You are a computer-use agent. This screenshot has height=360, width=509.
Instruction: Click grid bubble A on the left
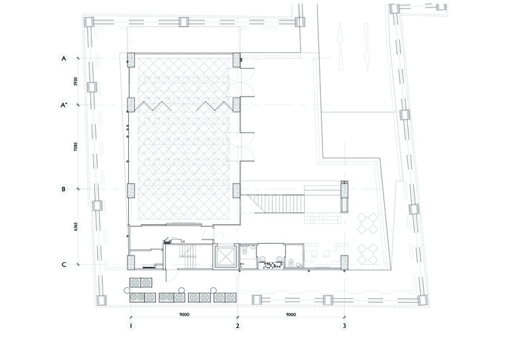point(64,58)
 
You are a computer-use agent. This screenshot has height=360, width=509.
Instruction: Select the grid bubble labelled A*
point(64,105)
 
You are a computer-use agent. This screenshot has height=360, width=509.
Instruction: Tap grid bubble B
point(64,189)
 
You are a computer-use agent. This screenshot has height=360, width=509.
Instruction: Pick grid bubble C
point(64,264)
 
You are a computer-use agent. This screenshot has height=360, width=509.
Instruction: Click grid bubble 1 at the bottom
point(131,325)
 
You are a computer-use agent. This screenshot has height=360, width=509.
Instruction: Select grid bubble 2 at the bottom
point(238,325)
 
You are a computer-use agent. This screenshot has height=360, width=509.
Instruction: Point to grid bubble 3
point(344,325)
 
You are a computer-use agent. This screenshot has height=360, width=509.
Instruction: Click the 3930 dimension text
point(75,82)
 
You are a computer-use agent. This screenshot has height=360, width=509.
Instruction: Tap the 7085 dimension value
point(75,147)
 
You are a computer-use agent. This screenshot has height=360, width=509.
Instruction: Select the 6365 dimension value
point(75,226)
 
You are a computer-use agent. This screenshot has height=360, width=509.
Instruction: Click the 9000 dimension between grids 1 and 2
point(184,314)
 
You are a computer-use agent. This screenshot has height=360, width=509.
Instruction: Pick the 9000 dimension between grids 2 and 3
point(291,314)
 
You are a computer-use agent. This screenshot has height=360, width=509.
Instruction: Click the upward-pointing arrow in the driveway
point(340,46)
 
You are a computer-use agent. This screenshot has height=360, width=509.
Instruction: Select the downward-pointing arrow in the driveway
point(366,46)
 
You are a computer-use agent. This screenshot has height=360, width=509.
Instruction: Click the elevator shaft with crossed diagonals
point(225,256)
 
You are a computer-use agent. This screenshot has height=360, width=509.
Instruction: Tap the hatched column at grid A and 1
point(131,60)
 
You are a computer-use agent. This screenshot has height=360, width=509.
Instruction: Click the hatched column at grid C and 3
point(344,262)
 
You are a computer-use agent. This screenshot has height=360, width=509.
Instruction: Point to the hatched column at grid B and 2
point(236,191)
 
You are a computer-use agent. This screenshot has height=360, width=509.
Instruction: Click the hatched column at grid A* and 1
point(131,105)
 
